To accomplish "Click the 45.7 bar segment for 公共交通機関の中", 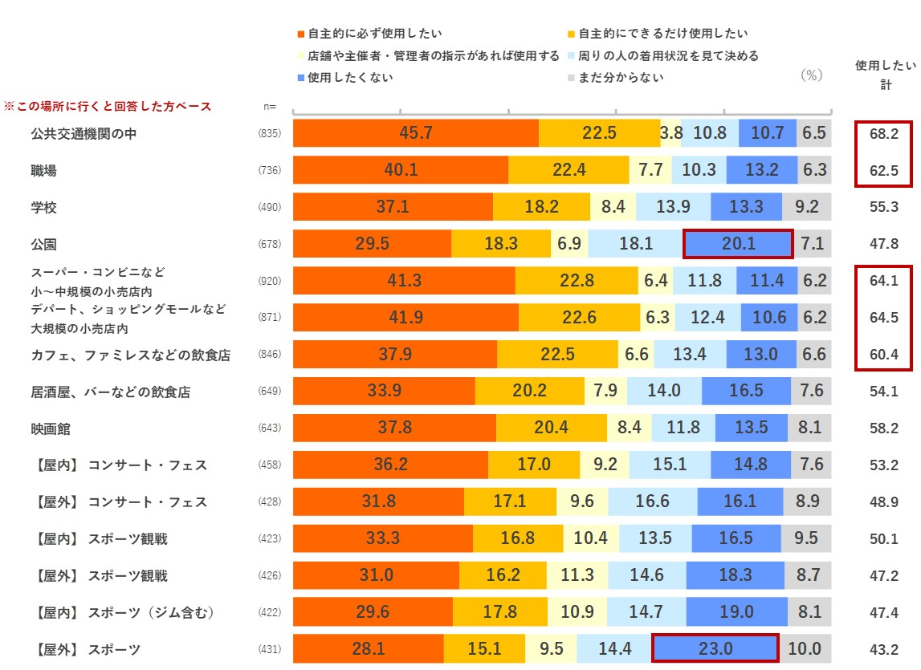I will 415,133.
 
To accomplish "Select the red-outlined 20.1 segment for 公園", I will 738,244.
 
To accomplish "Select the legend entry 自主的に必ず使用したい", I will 374,34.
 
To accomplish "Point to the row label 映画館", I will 50,429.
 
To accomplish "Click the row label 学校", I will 43,208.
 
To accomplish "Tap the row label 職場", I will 43,171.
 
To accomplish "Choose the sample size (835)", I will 270,134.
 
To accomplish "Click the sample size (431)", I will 270,650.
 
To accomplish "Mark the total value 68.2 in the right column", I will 883,134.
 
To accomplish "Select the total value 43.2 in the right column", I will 883,650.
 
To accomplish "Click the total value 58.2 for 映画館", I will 883,429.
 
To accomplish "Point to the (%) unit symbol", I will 812,75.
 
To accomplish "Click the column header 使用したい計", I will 883,74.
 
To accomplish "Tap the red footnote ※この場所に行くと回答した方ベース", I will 108,106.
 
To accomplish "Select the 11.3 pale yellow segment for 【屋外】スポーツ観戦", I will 577,575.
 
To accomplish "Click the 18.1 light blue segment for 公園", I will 635,244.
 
